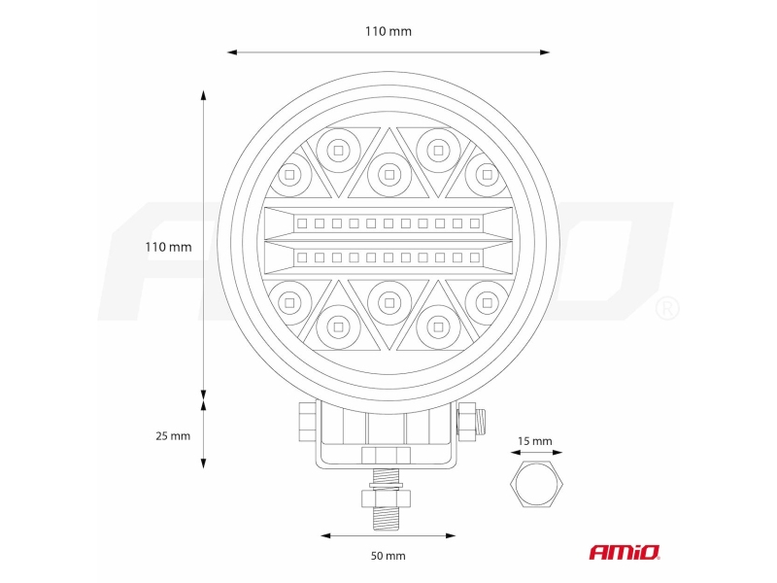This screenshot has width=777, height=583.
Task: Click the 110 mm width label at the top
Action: pyautogui.click(x=388, y=31)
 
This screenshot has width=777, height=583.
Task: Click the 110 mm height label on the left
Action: pyautogui.click(x=168, y=247)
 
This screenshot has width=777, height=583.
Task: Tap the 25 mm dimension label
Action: pyautogui.click(x=173, y=435)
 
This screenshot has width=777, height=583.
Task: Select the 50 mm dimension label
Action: pyautogui.click(x=388, y=556)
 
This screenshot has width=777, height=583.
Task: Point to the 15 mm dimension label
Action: pyautogui.click(x=535, y=441)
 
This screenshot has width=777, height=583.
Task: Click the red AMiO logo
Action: pyautogui.click(x=625, y=552)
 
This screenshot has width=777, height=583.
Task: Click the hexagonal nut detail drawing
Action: pyautogui.click(x=536, y=483)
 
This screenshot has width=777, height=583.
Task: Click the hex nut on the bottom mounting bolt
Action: pyautogui.click(x=387, y=498)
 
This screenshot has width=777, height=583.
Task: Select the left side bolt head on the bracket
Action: pyautogui.click(x=308, y=422)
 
